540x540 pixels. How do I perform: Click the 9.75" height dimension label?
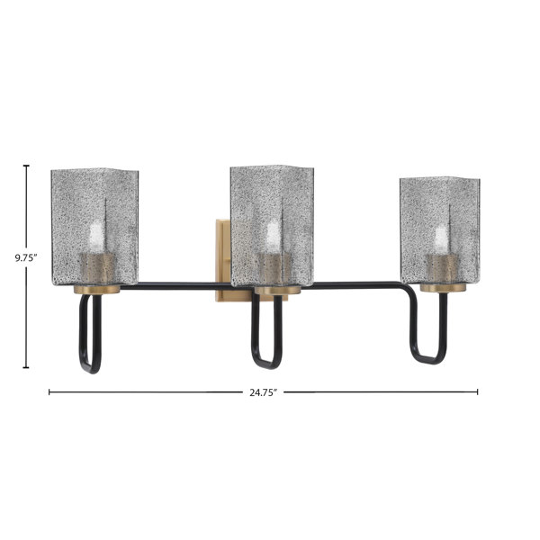26,258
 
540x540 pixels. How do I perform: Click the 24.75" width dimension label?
264,392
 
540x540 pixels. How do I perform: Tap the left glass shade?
94,228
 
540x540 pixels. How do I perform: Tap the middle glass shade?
272,226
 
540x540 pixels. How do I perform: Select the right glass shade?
440,230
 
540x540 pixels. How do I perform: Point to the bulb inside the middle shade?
274,236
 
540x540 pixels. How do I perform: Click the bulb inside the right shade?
442,238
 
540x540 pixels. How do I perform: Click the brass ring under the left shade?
97,290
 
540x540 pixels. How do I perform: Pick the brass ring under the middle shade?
277,291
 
